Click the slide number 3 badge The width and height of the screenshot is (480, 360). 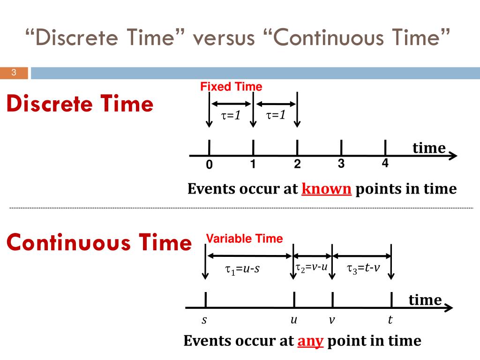pos(14,73)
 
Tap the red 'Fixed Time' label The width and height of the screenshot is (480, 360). pos(231,87)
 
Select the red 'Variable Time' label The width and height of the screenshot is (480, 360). pos(244,239)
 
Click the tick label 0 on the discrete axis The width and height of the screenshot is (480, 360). pos(209,165)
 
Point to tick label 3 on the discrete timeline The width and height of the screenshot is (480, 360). pos(341,164)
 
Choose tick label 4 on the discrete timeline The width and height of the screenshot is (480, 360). pos(385,163)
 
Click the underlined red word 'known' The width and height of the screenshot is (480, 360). pos(327,189)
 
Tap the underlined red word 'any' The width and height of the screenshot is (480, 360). pos(310,341)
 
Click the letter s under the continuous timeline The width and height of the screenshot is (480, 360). pos(204,321)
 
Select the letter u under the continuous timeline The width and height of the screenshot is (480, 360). pos(294,320)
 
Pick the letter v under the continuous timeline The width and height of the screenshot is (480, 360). pos(332,321)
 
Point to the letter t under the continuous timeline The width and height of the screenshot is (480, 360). pos(390,320)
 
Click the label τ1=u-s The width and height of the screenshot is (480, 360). pos(242,269)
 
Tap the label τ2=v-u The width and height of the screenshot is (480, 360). pos(311,267)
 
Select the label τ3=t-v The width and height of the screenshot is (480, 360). pos(363,268)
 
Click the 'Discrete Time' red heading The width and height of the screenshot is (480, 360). pos(80,104)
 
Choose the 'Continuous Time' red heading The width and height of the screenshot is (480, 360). pos(99,243)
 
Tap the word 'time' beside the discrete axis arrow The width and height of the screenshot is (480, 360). pos(429,148)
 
